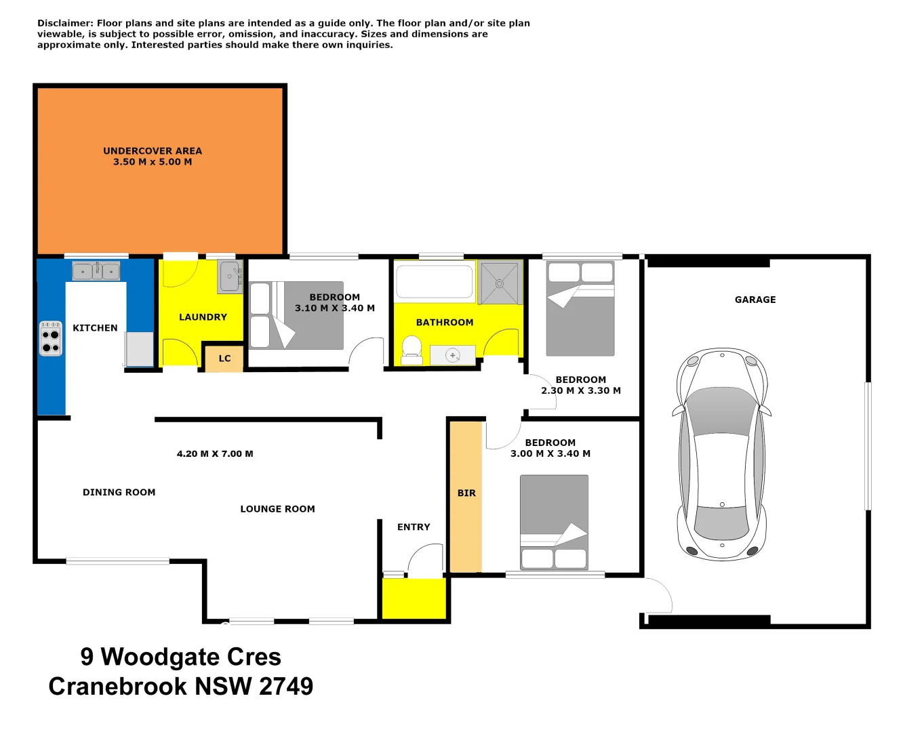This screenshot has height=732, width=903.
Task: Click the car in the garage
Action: tap(722, 454)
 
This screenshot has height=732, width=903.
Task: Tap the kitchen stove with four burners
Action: tap(51, 338)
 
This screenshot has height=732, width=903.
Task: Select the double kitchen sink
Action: tap(96, 271)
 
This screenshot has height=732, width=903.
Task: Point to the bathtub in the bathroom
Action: tap(435, 281)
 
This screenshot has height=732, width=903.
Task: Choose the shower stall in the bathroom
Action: tap(500, 283)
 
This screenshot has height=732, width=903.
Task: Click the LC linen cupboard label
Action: tap(224, 359)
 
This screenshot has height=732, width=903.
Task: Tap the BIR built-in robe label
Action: tap(466, 493)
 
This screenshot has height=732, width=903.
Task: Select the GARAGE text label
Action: tap(755, 300)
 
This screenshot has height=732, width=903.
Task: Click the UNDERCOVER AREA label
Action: tap(153, 151)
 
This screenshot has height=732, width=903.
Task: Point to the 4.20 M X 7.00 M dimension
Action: tap(215, 454)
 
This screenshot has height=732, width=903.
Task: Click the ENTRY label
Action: tap(414, 527)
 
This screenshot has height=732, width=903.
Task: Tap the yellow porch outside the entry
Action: tap(414, 598)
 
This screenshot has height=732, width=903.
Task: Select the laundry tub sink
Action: tap(230, 277)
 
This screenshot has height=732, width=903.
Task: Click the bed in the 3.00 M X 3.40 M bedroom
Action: tap(554, 522)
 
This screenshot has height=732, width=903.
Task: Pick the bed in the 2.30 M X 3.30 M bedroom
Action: tap(580, 308)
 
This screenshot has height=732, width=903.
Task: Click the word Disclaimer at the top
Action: tap(64, 23)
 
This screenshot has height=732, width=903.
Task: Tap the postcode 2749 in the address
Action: tap(286, 686)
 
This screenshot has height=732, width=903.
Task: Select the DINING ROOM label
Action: tap(119, 493)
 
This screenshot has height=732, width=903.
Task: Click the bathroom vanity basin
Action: tap(452, 355)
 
